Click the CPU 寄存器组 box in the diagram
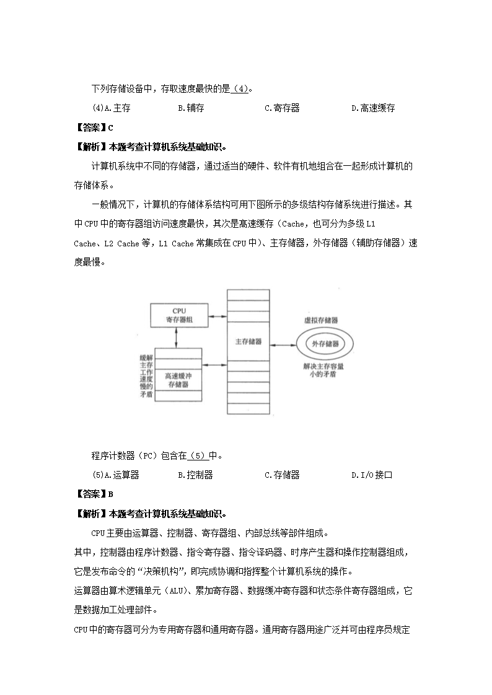pos(180,315)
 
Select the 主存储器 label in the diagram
pos(248,341)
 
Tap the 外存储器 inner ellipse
pos(325,343)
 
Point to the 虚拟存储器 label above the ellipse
pos(320,321)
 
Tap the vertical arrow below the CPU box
pos(177,337)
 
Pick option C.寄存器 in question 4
pos(282,108)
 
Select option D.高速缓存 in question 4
pos(373,108)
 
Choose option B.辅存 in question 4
pos(191,108)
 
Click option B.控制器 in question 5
pos(195,475)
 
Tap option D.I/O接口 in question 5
pos(372,475)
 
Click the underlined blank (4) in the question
pos(240,88)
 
